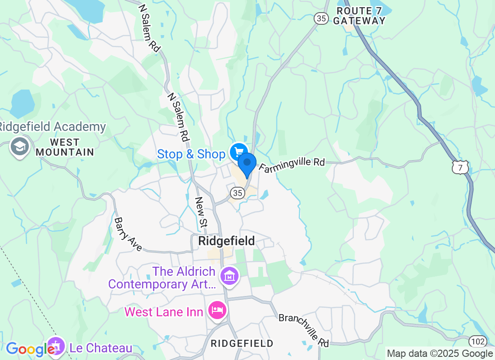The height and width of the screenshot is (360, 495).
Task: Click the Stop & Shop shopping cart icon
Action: [x=238, y=153]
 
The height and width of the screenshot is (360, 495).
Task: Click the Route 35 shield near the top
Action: [x=321, y=18]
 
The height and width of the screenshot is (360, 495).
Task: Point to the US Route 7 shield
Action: [x=461, y=167]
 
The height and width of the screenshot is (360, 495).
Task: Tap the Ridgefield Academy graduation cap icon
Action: [x=20, y=147]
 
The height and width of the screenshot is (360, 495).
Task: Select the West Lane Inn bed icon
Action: [x=218, y=310]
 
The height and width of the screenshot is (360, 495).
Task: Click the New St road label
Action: [x=201, y=212]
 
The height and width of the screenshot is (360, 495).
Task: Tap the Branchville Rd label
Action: [x=304, y=330]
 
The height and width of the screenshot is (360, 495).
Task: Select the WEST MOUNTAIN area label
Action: [x=65, y=148]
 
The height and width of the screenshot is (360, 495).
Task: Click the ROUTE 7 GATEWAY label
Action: [x=360, y=16]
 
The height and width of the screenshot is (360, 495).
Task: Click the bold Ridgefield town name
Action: [x=226, y=241]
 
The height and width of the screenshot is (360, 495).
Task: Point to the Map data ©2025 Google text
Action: [x=440, y=354]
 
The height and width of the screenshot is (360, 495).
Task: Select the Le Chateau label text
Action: [x=101, y=348]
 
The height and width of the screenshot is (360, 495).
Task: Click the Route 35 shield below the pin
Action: [x=237, y=193]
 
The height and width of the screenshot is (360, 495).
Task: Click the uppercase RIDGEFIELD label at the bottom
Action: [x=242, y=343]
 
